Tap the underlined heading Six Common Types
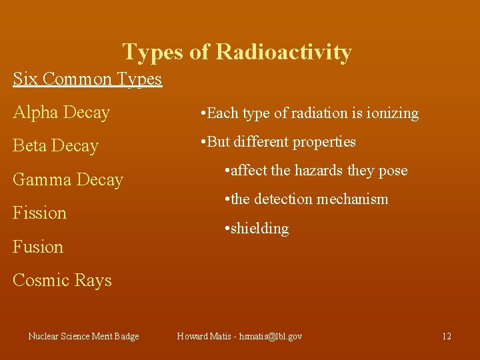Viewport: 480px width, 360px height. [x=87, y=79]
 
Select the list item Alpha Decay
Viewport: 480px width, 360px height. [x=61, y=113]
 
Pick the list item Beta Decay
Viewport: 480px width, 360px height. [x=55, y=146]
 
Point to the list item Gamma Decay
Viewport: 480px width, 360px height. [x=68, y=180]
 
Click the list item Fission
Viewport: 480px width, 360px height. [x=40, y=213]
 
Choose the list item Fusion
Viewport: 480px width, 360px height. [x=38, y=247]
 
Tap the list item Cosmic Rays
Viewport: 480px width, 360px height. [x=62, y=280]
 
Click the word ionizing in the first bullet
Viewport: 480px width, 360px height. [x=395, y=113]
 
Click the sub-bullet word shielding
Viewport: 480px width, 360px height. [x=261, y=229]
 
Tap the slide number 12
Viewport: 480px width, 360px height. [x=447, y=336]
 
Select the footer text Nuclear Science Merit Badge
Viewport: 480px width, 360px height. [x=84, y=336]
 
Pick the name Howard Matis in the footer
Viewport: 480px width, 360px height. [x=202, y=336]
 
